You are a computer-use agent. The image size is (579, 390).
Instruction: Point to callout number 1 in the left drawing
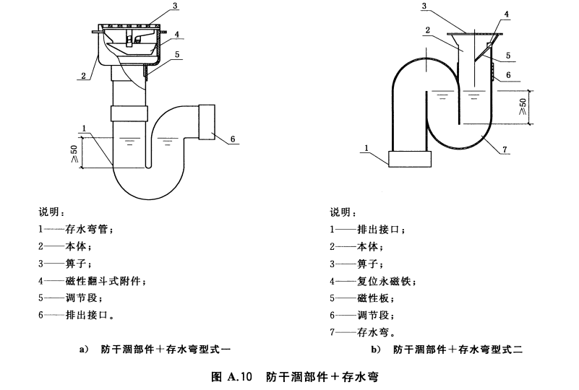pyautogui.click(x=85, y=129)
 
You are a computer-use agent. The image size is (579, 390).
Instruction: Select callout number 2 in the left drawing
pyautogui.click(x=83, y=74)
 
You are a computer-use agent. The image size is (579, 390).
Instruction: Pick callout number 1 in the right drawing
pyautogui.click(x=369, y=148)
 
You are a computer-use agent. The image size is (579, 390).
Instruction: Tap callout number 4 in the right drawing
pyautogui.click(x=506, y=14)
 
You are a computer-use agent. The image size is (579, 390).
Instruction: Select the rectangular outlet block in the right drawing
pyautogui.click(x=411, y=159)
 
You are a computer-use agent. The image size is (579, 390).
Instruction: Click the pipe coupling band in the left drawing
pyautogui.click(x=130, y=113)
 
